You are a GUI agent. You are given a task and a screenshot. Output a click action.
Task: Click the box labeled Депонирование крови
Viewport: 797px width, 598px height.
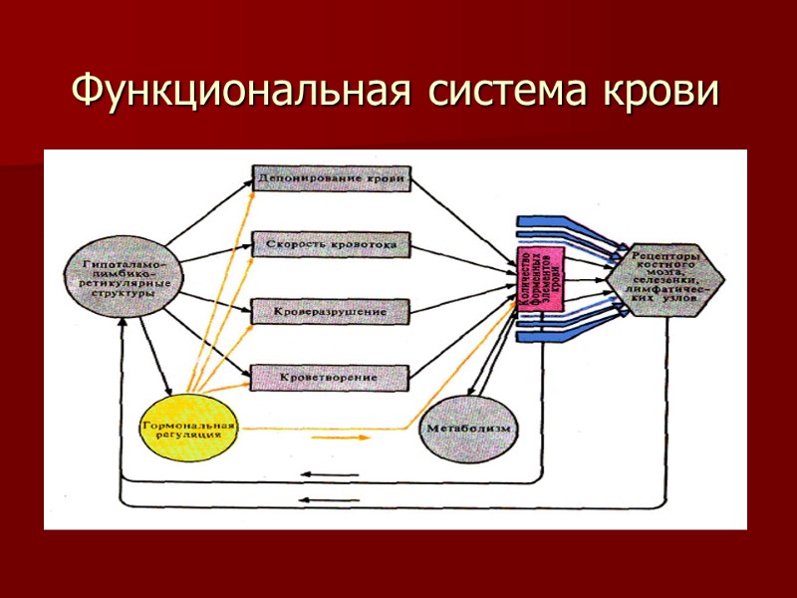331,180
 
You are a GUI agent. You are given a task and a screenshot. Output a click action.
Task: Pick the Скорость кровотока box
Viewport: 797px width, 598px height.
331,244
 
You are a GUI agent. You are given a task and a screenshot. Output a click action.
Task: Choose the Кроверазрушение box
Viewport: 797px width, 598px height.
331,312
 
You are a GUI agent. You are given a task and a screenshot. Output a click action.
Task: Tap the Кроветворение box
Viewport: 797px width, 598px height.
331,379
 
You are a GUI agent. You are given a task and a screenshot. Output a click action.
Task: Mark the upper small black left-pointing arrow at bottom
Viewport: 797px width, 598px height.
329,475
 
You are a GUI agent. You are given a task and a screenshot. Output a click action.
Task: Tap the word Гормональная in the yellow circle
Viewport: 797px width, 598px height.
189,426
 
